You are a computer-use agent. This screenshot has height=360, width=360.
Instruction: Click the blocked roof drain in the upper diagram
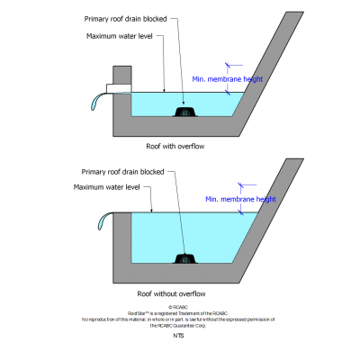tap(184, 112)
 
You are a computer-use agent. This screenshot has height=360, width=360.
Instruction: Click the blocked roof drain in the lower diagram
tap(184, 259)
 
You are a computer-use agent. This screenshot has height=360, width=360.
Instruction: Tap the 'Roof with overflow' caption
tap(177, 145)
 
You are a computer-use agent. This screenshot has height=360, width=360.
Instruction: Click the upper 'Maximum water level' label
tap(120, 36)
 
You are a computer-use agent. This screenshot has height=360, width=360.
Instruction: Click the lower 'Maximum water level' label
tap(106, 187)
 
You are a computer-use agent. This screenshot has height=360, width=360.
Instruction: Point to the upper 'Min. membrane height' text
tap(229, 79)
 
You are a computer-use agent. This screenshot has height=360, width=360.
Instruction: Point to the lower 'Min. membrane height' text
tap(238, 199)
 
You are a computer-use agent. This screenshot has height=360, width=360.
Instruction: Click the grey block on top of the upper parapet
tap(121, 74)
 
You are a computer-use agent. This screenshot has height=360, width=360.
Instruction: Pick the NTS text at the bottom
tap(178, 336)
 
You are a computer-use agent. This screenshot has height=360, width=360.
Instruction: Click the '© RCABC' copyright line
tap(178, 306)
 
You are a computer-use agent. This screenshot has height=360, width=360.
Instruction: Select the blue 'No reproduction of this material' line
tap(177, 319)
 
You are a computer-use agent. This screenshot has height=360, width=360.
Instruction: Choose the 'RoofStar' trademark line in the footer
tap(177, 312)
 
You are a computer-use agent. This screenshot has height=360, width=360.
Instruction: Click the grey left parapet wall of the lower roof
tap(114, 243)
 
